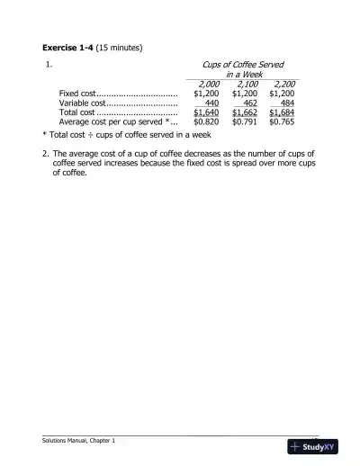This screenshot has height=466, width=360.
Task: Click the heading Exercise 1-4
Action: (x=71, y=46)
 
